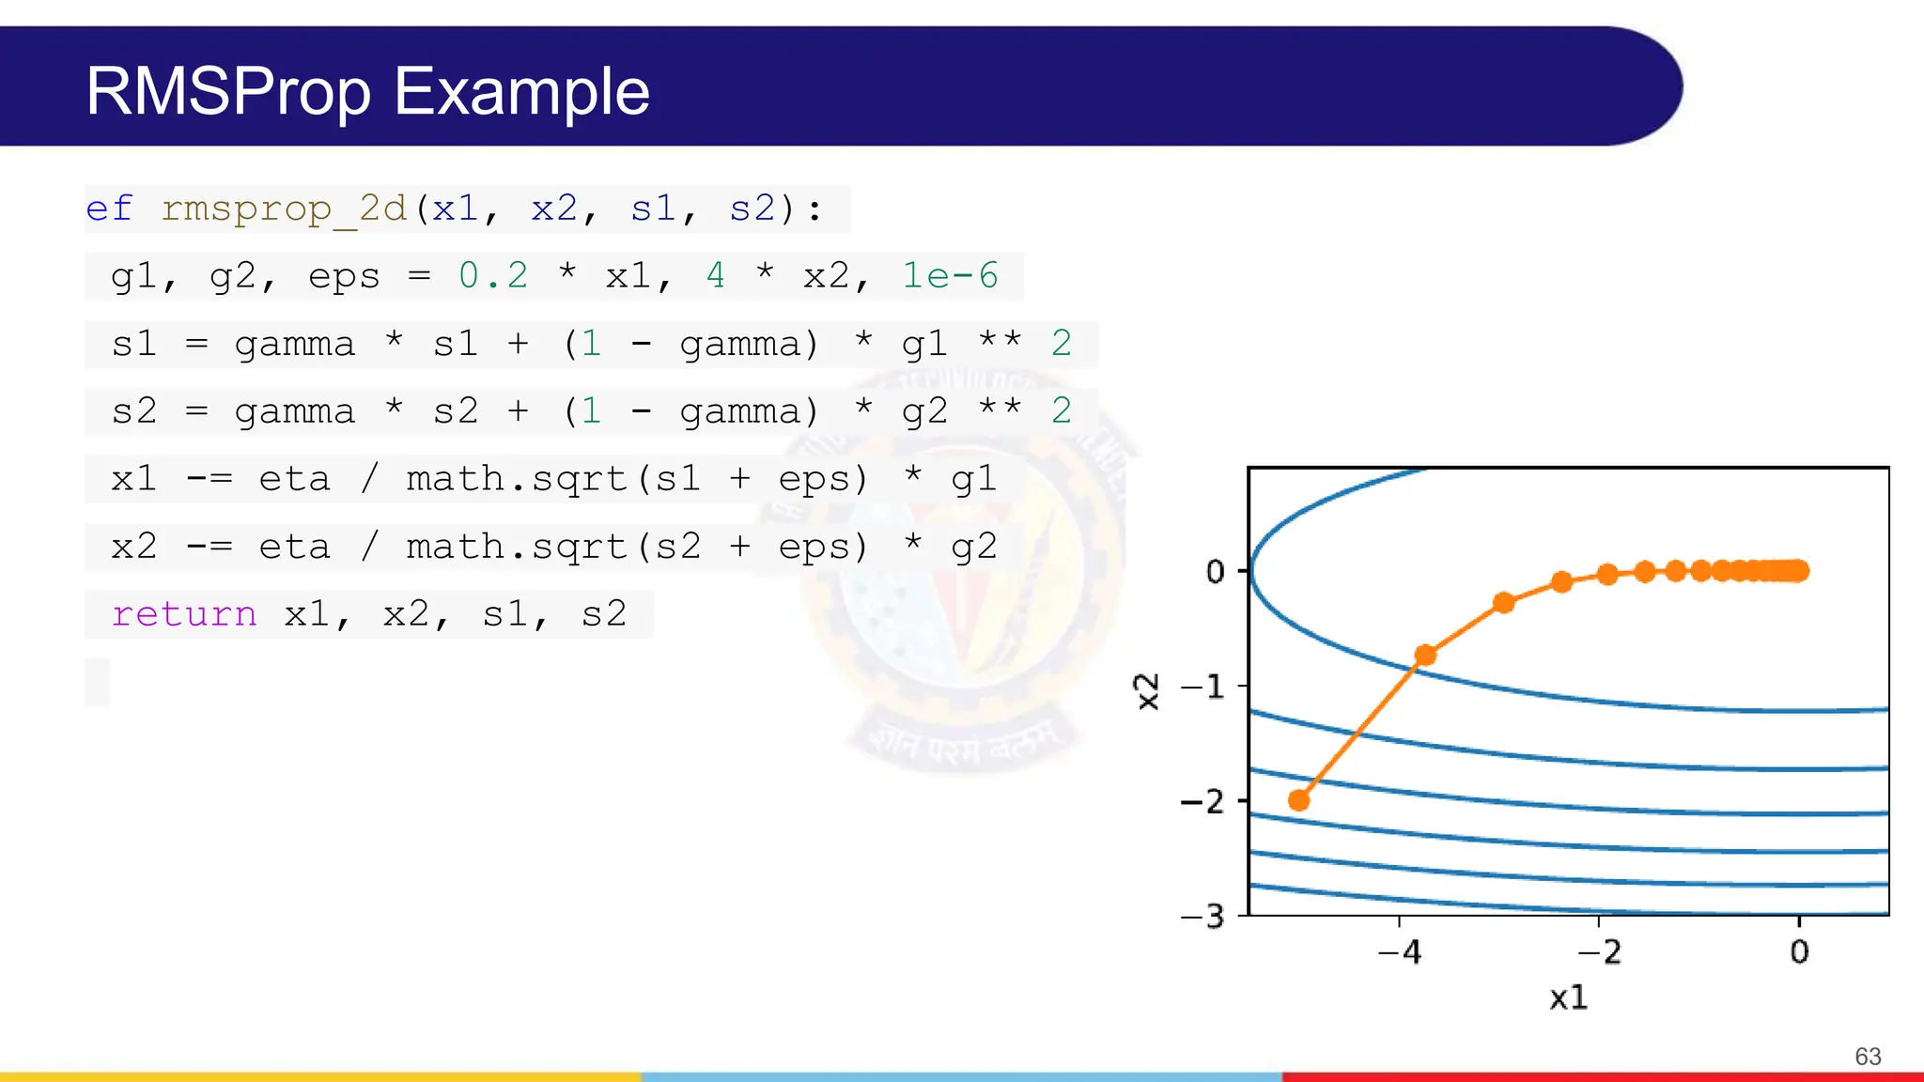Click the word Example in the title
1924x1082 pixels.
click(521, 92)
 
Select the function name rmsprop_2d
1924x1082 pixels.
click(284, 209)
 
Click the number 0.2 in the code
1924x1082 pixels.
click(493, 276)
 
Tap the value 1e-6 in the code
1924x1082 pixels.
click(950, 276)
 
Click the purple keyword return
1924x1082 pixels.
click(184, 614)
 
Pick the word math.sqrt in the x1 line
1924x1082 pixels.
click(517, 479)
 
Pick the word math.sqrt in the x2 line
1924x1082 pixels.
click(517, 547)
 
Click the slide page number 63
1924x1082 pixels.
click(1868, 1057)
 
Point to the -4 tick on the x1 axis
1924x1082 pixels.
click(1400, 952)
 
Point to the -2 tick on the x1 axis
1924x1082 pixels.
click(1599, 952)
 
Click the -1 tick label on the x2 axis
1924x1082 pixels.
click(1203, 688)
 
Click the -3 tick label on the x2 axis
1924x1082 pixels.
click(1203, 916)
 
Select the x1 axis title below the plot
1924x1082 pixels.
click(1568, 997)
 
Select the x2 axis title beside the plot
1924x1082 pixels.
click(1147, 692)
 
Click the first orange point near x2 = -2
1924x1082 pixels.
click(1299, 800)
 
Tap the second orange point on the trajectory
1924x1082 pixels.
click(1425, 655)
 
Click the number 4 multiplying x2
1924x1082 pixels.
click(716, 276)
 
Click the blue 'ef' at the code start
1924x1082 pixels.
click(109, 209)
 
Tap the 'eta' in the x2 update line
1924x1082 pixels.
click(294, 547)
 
